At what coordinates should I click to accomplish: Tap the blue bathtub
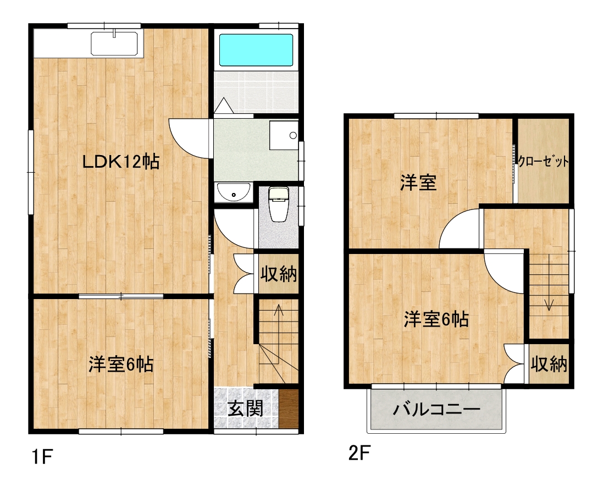[256, 50]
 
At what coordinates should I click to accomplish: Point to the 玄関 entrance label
[245, 408]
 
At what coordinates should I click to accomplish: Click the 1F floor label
[42, 456]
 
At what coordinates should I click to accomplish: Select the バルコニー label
[437, 410]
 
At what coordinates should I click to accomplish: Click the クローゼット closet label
[543, 162]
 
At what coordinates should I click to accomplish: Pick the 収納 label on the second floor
[549, 364]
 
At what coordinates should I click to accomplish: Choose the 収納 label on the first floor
[279, 273]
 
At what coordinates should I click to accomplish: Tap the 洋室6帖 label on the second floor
[436, 319]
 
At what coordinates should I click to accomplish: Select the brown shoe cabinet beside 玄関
[289, 407]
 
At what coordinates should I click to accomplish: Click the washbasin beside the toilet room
[234, 193]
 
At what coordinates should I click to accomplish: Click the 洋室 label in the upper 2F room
[418, 183]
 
